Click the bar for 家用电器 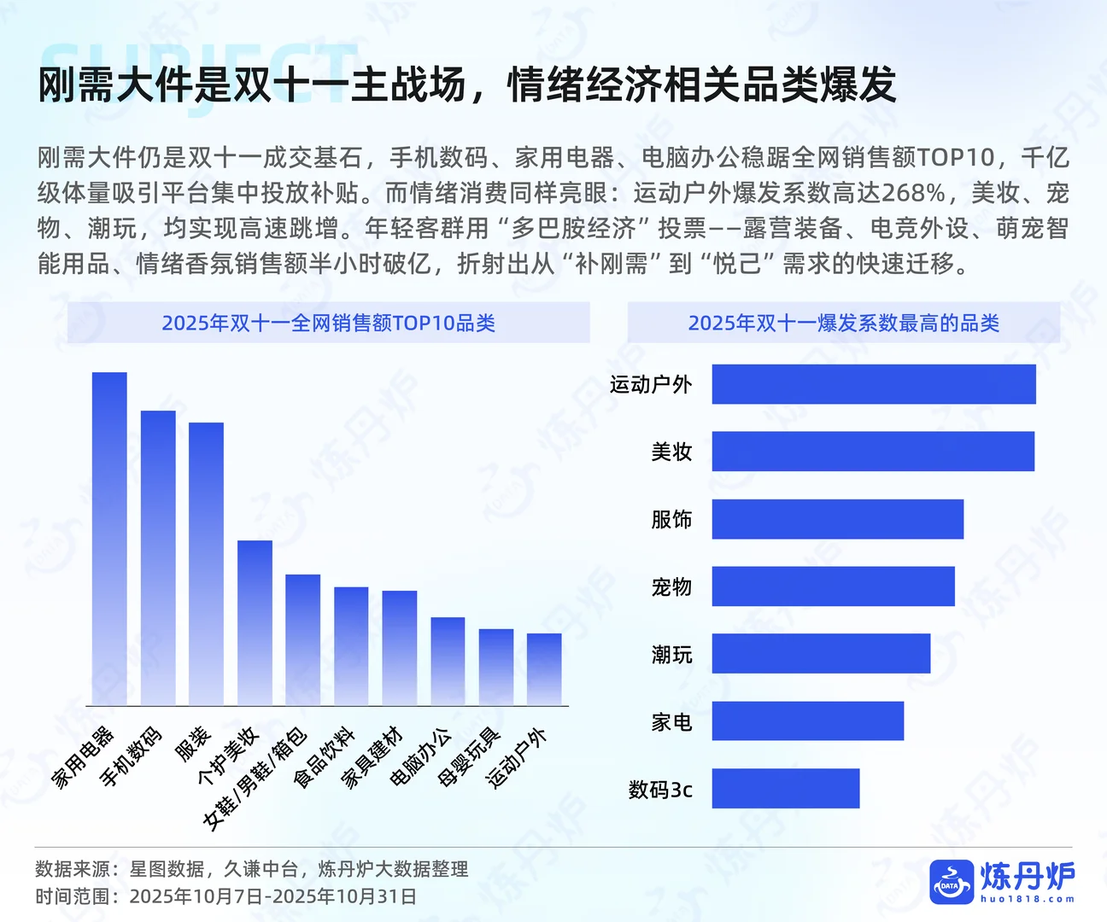click(109, 538)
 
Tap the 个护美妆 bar click(255, 622)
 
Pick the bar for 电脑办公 click(448, 661)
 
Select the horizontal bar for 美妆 click(873, 452)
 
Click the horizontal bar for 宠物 click(833, 586)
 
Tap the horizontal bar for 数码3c click(785, 788)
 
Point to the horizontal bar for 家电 click(807, 721)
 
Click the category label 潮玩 click(671, 655)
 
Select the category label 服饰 click(671, 519)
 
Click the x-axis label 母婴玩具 click(468, 756)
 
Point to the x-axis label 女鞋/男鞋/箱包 click(255, 778)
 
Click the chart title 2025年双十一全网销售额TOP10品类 click(328, 323)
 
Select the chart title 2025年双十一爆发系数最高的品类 click(843, 323)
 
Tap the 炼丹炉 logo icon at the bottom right click(952, 882)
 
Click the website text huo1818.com click(1028, 899)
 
